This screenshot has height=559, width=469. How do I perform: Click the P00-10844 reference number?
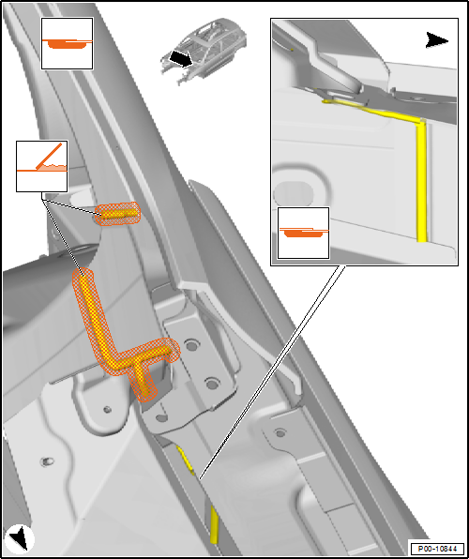coord(437,548)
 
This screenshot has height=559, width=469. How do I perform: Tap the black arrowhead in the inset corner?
coord(436,40)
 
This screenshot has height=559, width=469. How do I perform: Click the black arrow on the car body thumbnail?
coord(181,59)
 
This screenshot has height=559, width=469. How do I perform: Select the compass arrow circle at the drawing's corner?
coord(20,538)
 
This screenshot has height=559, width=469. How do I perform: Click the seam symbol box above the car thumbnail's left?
coord(67,43)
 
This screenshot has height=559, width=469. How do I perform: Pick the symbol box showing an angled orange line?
coord(41,166)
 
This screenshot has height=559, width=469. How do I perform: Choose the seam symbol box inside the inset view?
coord(304,233)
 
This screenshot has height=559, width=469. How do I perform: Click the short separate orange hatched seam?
coord(117,214)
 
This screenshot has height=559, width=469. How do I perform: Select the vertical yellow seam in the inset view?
coord(421,181)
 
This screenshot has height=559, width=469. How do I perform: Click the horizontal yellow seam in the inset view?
coord(371,109)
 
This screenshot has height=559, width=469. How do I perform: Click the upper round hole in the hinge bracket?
coord(192,344)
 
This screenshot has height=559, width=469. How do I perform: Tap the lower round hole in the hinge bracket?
coord(212,384)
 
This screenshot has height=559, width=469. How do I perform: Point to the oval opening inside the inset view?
coord(293,194)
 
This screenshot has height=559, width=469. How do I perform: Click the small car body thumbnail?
coord(204,51)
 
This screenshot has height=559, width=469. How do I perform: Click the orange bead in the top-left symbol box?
coord(67,44)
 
